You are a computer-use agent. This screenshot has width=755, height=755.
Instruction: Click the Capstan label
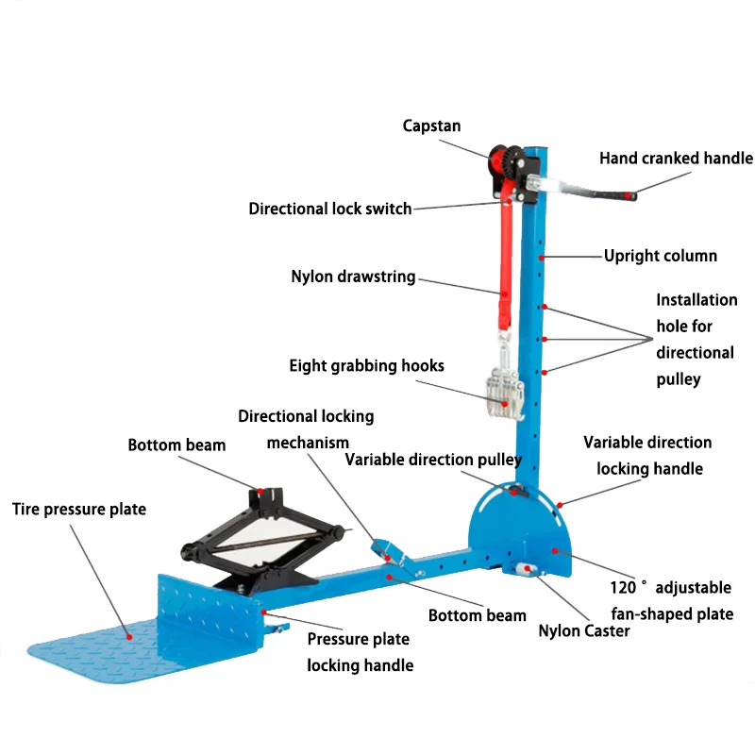point(431,126)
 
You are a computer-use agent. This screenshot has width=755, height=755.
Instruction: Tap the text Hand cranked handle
point(676,158)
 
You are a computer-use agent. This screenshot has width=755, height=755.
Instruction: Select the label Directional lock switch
point(329,209)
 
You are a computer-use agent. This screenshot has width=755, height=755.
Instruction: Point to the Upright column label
point(660,256)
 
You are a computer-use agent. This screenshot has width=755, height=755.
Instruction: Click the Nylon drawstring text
point(353,277)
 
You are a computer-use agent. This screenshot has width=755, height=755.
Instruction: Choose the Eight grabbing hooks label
point(366,365)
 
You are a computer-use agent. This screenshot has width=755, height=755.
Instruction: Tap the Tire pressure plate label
point(79,509)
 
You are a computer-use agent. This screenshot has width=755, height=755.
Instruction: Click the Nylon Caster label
point(583,630)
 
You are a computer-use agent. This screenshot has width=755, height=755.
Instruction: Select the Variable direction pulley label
point(433,460)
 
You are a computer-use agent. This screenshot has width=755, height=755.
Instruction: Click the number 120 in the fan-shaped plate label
point(623,587)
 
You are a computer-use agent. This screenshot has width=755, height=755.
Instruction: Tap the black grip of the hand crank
point(616,195)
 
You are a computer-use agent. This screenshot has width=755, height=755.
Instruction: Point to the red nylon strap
point(505,266)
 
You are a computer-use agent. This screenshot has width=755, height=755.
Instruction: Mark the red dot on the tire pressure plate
point(129,637)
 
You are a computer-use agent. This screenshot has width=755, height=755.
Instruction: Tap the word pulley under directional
point(678,379)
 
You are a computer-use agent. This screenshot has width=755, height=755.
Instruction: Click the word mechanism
point(308,443)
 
